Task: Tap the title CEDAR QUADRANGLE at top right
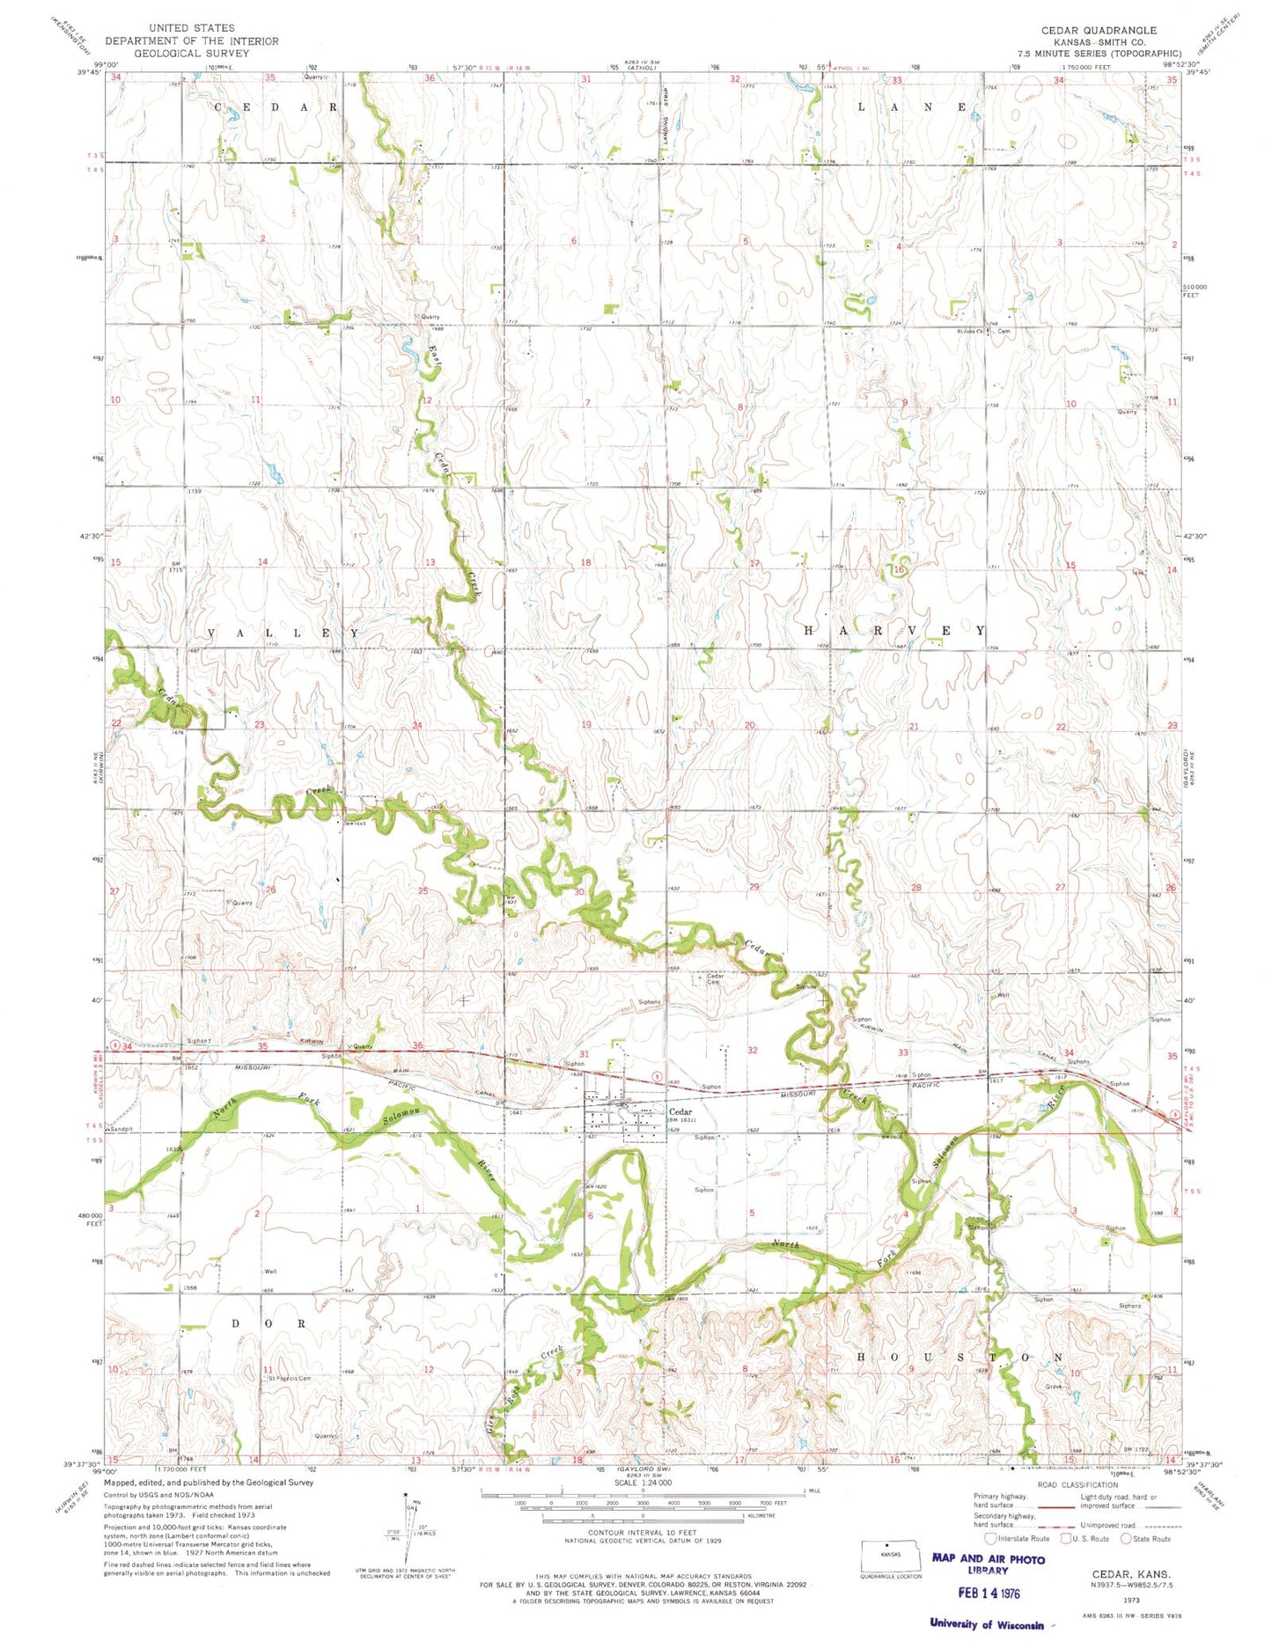[1099, 30]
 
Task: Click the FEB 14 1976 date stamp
[989, 1593]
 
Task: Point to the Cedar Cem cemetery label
[715, 978]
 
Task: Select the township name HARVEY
[893, 631]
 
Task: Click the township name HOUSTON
[960, 1358]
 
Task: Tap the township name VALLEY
[283, 633]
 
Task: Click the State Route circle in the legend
[1125, 1538]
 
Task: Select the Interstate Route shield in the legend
[990, 1538]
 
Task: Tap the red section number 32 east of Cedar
[753, 1051]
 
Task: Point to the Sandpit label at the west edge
[120, 1129]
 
